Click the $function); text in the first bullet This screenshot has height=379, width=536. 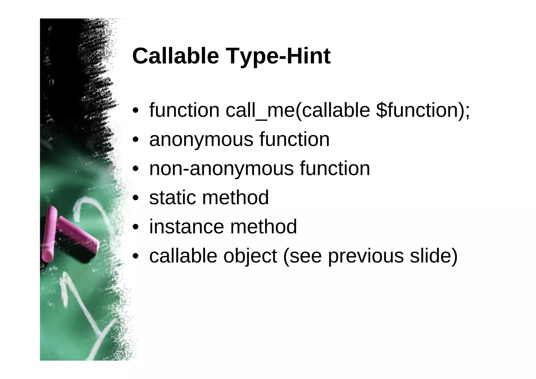[423, 110]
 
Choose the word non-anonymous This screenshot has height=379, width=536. [221, 169]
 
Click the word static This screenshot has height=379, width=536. [172, 198]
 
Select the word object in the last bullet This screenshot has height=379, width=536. [250, 256]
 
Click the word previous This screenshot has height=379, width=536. [366, 256]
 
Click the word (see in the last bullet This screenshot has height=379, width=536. [302, 256]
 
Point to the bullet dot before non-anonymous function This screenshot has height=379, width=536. [135, 169]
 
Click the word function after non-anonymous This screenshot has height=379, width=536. [335, 169]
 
